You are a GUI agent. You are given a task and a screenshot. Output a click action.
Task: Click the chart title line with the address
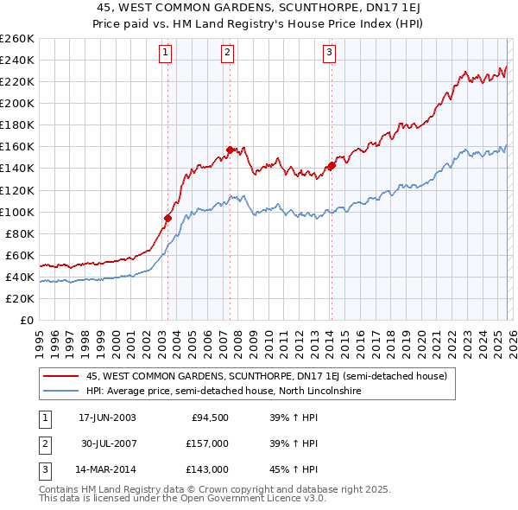coord(258,8)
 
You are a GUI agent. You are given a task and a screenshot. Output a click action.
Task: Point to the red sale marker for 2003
coord(167,218)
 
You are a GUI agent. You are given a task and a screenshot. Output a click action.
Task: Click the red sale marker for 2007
coord(231,150)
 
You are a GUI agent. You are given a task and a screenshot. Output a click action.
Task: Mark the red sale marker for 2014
coord(332,165)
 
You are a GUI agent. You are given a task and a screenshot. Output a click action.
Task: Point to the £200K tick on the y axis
coord(17,103)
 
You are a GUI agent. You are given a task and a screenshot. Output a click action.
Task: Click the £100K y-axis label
coord(17,212)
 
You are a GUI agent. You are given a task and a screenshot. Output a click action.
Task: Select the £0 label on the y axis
coord(26,321)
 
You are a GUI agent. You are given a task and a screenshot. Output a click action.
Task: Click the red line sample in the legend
coord(61,377)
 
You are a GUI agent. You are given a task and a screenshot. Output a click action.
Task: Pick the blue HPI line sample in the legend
coord(61,392)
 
